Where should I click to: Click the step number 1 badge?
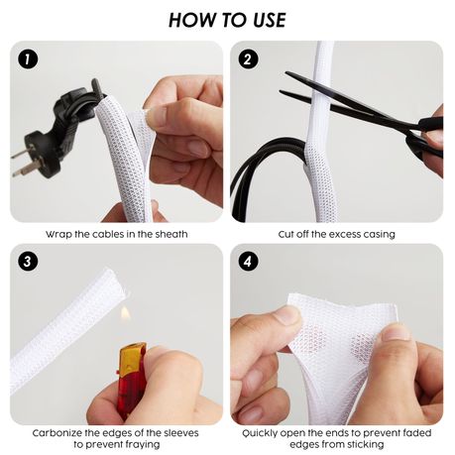pyautogui.click(x=28, y=59)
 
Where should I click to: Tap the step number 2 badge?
pyautogui.click(x=248, y=59)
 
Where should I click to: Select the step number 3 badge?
pyautogui.click(x=28, y=262)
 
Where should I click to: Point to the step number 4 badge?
pyautogui.click(x=248, y=262)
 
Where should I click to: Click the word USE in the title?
pyautogui.click(x=270, y=20)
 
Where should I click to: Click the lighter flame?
pyautogui.click(x=125, y=313)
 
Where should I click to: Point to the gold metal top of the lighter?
pyautogui.click(x=133, y=353)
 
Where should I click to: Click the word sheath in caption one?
pyautogui.click(x=171, y=234)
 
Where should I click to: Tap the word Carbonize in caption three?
pyautogui.click(x=57, y=433)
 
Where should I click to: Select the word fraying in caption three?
pyautogui.click(x=140, y=445)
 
